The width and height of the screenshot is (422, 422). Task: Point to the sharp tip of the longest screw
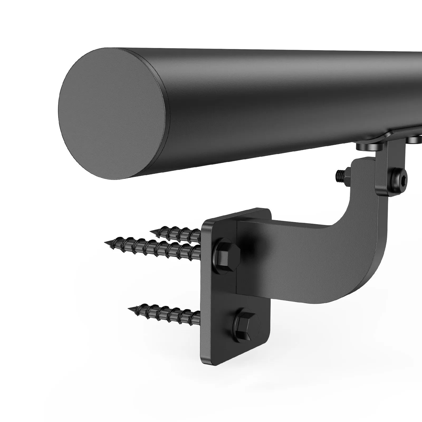[x=105, y=242]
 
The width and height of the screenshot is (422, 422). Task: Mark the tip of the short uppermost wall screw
[x=151, y=231]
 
